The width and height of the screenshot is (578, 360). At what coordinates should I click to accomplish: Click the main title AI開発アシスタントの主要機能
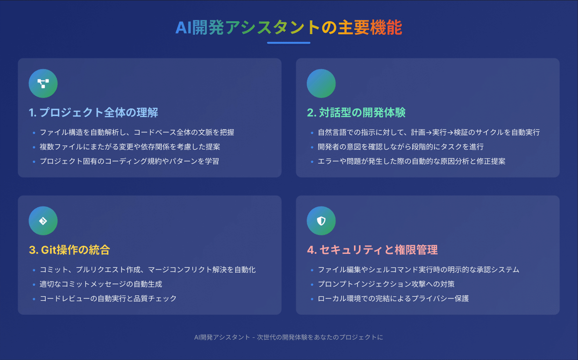point(289,28)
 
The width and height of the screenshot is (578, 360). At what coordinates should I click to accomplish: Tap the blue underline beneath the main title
point(289,43)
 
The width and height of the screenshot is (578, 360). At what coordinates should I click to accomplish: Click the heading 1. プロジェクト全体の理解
point(93,113)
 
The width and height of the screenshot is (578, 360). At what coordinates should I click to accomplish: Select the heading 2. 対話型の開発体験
point(356,113)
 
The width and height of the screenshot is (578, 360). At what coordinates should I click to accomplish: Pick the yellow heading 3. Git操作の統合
point(69,250)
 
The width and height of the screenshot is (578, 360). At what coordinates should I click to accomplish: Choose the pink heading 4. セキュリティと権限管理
point(372,250)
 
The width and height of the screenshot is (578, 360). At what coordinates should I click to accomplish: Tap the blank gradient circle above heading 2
point(321,83)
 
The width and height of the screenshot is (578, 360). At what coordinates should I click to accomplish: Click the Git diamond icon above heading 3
point(43,221)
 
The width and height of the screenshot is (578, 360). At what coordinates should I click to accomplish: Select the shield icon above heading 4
point(321,221)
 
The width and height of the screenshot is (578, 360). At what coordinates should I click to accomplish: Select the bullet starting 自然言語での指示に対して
point(429,132)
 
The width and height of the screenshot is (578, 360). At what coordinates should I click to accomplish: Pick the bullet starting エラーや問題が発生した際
point(411,161)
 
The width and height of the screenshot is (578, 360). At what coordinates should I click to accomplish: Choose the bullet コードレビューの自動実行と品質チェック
point(108,298)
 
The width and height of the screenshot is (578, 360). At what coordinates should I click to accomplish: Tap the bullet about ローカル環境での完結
point(394,298)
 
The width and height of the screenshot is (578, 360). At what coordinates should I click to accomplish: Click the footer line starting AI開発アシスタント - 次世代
point(289,337)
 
